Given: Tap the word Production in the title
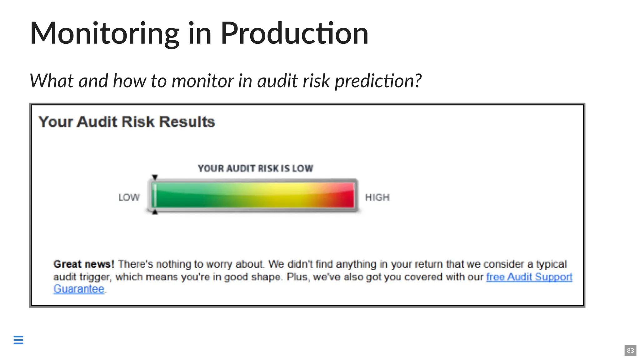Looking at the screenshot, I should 294,33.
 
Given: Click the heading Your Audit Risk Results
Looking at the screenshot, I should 127,122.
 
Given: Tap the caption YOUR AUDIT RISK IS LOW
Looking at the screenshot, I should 255,168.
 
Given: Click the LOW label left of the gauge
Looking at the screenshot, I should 129,197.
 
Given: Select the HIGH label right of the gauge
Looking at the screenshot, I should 377,197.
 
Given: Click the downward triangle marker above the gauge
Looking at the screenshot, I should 155,177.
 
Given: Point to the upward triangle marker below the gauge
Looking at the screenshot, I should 155,212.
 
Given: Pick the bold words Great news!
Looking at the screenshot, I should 84,264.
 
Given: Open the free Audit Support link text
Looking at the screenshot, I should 529,277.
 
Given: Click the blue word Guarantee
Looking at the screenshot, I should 79,289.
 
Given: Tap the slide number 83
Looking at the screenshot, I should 630,350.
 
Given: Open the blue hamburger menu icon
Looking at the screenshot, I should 18,340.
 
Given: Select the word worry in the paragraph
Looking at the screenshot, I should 219,264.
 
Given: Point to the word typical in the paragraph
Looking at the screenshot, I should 551,264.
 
